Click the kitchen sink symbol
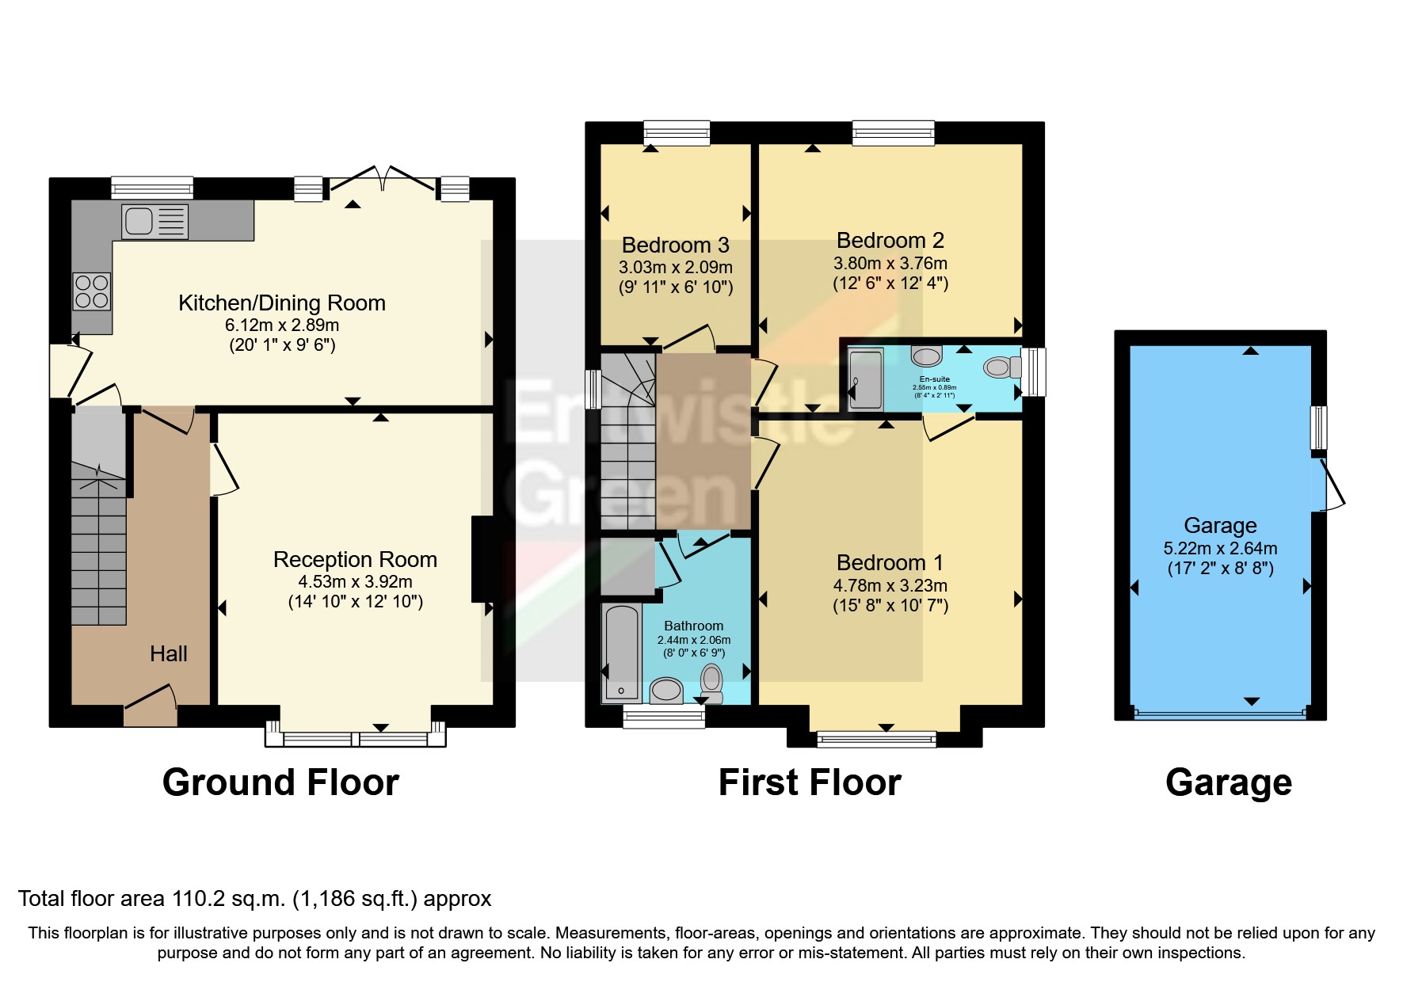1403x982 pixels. tap(155, 221)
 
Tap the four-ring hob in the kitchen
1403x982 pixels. tap(92, 291)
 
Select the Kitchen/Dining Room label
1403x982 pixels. tap(281, 303)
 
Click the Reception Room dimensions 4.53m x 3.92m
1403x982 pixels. tap(355, 581)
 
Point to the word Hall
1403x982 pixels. tap(169, 654)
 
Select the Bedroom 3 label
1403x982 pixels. tap(675, 246)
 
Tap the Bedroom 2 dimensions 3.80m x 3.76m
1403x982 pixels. tap(890, 263)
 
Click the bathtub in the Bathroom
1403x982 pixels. tap(622, 653)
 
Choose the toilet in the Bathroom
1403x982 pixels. tap(711, 683)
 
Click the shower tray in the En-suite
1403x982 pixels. tap(865, 379)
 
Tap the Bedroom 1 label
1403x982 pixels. tap(890, 563)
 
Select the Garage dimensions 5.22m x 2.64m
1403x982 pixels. tap(1220, 548)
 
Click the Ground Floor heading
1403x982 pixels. tap(280, 782)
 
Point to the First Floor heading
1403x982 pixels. tap(810, 782)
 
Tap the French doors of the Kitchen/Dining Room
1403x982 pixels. tap(382, 180)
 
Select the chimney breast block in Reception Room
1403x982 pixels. tap(482, 559)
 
